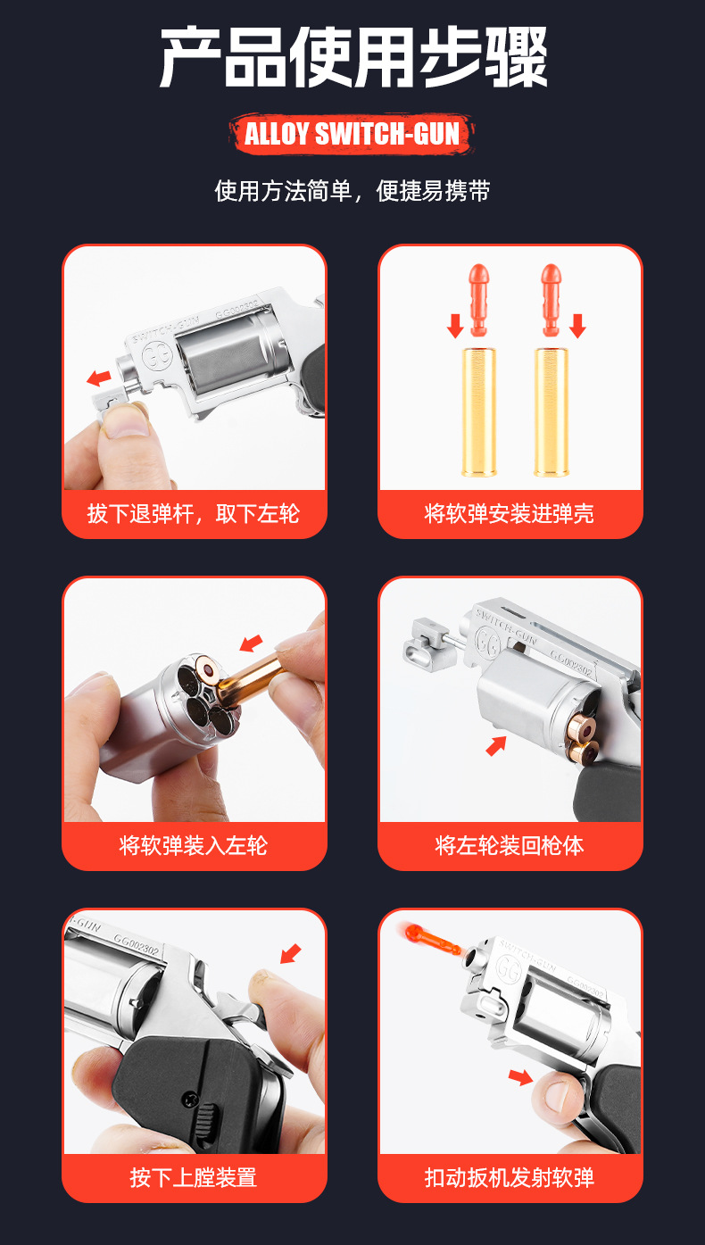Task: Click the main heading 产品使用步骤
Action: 353,57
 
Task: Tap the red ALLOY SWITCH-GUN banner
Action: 352,134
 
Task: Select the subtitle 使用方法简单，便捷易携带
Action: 352,191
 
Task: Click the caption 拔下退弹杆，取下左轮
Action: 194,513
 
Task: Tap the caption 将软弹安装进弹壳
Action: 509,513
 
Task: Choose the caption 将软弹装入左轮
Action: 194,845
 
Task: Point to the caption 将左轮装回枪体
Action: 509,845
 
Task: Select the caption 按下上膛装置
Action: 194,1177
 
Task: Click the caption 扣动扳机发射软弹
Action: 509,1177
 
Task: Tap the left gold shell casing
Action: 478,411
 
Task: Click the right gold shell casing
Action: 551,411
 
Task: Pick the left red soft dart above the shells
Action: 479,300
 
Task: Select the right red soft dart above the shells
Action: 552,300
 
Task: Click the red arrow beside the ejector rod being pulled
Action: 99,378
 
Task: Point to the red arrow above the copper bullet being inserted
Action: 251,643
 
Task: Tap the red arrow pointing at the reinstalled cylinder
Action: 496,746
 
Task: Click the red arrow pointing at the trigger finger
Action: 520,1076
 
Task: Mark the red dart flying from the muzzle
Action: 430,938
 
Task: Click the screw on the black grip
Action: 189,1098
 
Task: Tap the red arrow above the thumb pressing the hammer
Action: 291,954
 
